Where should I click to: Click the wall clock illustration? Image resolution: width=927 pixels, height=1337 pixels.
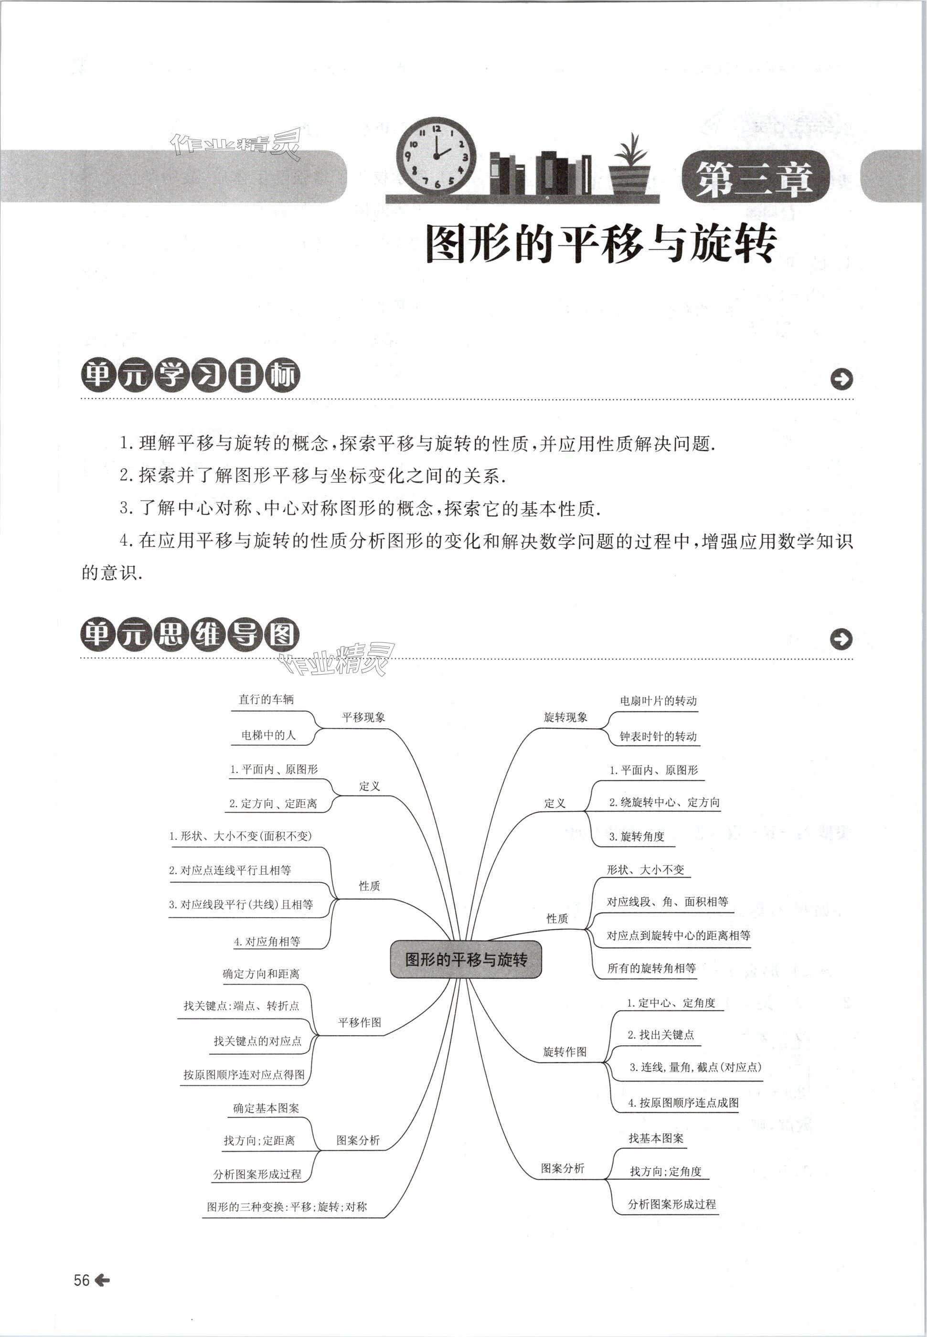435,155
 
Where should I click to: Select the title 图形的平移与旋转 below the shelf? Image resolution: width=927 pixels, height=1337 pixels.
601,243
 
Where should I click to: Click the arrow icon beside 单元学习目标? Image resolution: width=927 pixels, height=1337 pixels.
841,379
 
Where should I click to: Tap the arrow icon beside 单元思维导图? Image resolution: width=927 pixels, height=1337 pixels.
841,639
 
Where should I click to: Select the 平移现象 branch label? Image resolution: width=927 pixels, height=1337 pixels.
363,718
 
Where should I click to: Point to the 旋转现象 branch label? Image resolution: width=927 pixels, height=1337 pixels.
565,718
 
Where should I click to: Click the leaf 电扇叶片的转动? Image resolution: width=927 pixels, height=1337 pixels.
658,700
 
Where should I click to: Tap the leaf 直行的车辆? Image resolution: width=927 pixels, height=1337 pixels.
266,700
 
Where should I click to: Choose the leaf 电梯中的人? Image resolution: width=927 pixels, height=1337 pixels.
268,735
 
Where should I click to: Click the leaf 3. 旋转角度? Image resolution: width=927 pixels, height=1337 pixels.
637,837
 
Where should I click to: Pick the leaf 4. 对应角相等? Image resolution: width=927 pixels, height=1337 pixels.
267,942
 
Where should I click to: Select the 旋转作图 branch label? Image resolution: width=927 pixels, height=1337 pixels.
565,1052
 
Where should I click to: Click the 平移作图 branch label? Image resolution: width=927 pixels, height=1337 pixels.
360,1022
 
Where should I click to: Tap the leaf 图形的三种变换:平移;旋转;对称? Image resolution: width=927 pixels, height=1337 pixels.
287,1206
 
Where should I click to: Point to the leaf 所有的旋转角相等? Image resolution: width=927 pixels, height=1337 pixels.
651,968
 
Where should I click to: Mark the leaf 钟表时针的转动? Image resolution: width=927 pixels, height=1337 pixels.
658,736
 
